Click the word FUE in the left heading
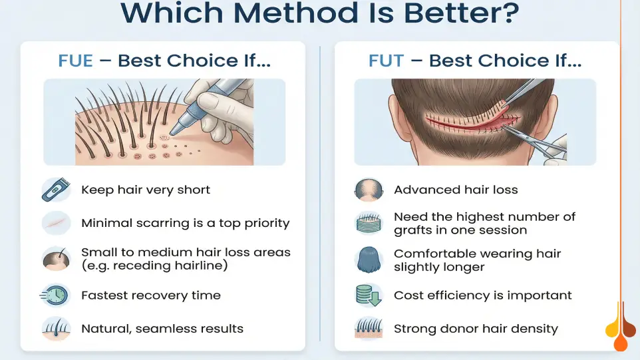pos(76,61)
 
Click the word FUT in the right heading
pos(386,61)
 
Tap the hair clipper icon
pos(56,190)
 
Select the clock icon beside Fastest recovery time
pos(56,295)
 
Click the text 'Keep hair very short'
pos(146,190)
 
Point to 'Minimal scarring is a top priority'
pos(186,223)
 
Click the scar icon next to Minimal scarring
pos(56,223)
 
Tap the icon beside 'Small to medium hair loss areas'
pos(56,259)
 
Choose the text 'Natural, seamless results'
pos(162,329)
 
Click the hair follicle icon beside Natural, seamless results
pos(56,329)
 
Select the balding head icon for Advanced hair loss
pos(368,190)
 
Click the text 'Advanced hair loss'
pos(456,190)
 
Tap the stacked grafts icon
pos(368,224)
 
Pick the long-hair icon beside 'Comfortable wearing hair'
pos(368,260)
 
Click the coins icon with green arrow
pos(368,295)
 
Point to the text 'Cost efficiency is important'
pos(483,295)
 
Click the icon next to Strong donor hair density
pos(368,329)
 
